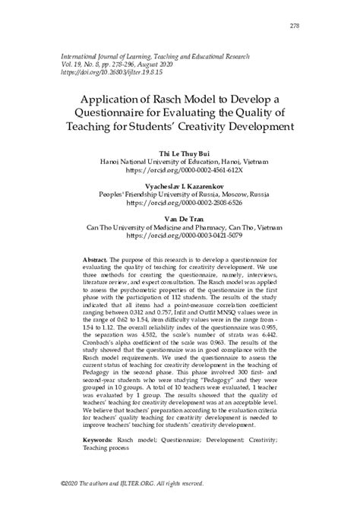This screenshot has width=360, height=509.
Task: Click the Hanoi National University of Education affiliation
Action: [x=180, y=161]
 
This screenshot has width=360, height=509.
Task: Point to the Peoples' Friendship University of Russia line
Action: [x=180, y=194]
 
